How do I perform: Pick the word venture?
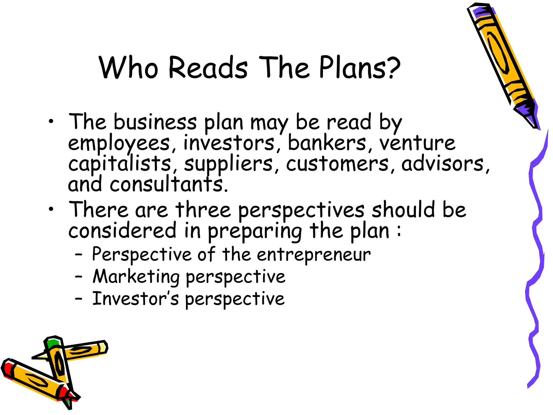tap(417, 143)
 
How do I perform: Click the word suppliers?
tap(228, 164)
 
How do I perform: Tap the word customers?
tap(337, 164)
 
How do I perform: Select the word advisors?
tap(443, 164)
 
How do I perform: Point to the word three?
tap(203, 210)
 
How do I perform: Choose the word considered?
tap(122, 231)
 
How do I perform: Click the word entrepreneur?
tap(313, 255)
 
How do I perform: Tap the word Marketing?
tap(136, 277)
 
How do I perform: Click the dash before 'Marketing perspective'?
tap(79, 277)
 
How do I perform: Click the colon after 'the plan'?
tap(399, 231)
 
